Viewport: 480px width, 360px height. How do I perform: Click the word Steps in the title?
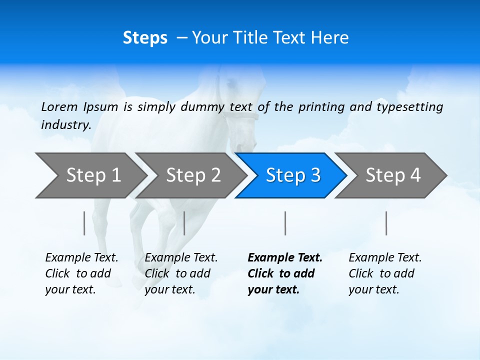[x=145, y=38]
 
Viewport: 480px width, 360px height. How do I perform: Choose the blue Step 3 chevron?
[x=291, y=175]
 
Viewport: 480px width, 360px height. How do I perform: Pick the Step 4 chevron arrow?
[x=391, y=175]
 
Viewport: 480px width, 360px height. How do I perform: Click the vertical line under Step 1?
[x=84, y=223]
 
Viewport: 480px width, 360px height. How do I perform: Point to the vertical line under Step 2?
[x=184, y=223]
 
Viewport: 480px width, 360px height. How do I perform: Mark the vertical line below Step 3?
[x=285, y=223]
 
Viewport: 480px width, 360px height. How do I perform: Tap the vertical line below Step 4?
[x=386, y=223]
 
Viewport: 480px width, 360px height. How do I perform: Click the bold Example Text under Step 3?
[x=285, y=258]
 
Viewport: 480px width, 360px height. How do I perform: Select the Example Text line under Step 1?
[x=81, y=258]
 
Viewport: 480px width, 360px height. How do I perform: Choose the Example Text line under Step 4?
[x=385, y=258]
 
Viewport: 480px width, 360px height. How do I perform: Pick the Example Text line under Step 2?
[x=181, y=258]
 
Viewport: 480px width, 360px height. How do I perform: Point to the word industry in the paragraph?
[x=65, y=125]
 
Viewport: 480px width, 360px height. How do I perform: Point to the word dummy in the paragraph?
[x=202, y=107]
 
